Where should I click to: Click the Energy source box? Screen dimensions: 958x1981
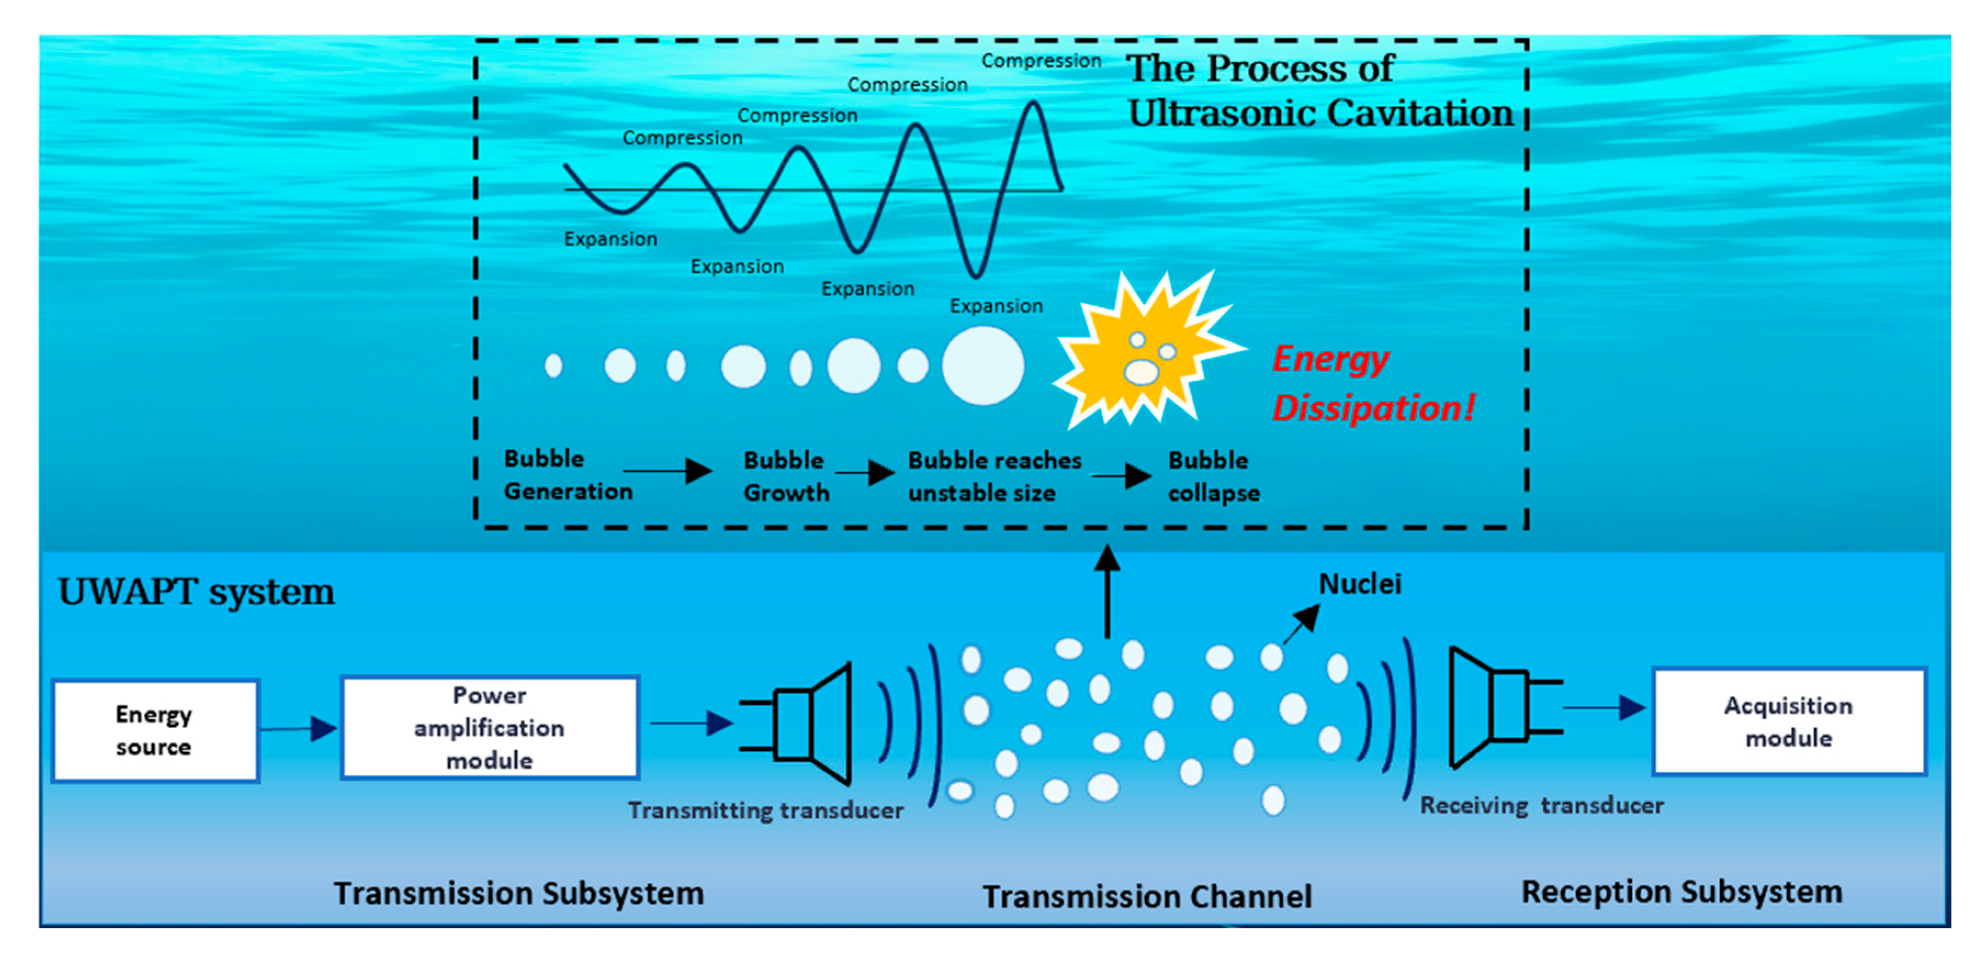click(x=155, y=730)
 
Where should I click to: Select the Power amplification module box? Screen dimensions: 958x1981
click(x=490, y=728)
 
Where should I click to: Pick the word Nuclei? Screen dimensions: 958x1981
click(x=1359, y=584)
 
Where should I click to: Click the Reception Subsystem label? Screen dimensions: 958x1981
click(x=1682, y=892)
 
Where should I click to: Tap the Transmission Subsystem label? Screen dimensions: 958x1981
click(x=518, y=893)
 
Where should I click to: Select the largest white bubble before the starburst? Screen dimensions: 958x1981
click(x=983, y=365)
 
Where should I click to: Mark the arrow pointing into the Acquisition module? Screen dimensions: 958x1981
click(x=1604, y=707)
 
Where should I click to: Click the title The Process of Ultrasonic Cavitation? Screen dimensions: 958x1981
click(x=1319, y=91)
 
